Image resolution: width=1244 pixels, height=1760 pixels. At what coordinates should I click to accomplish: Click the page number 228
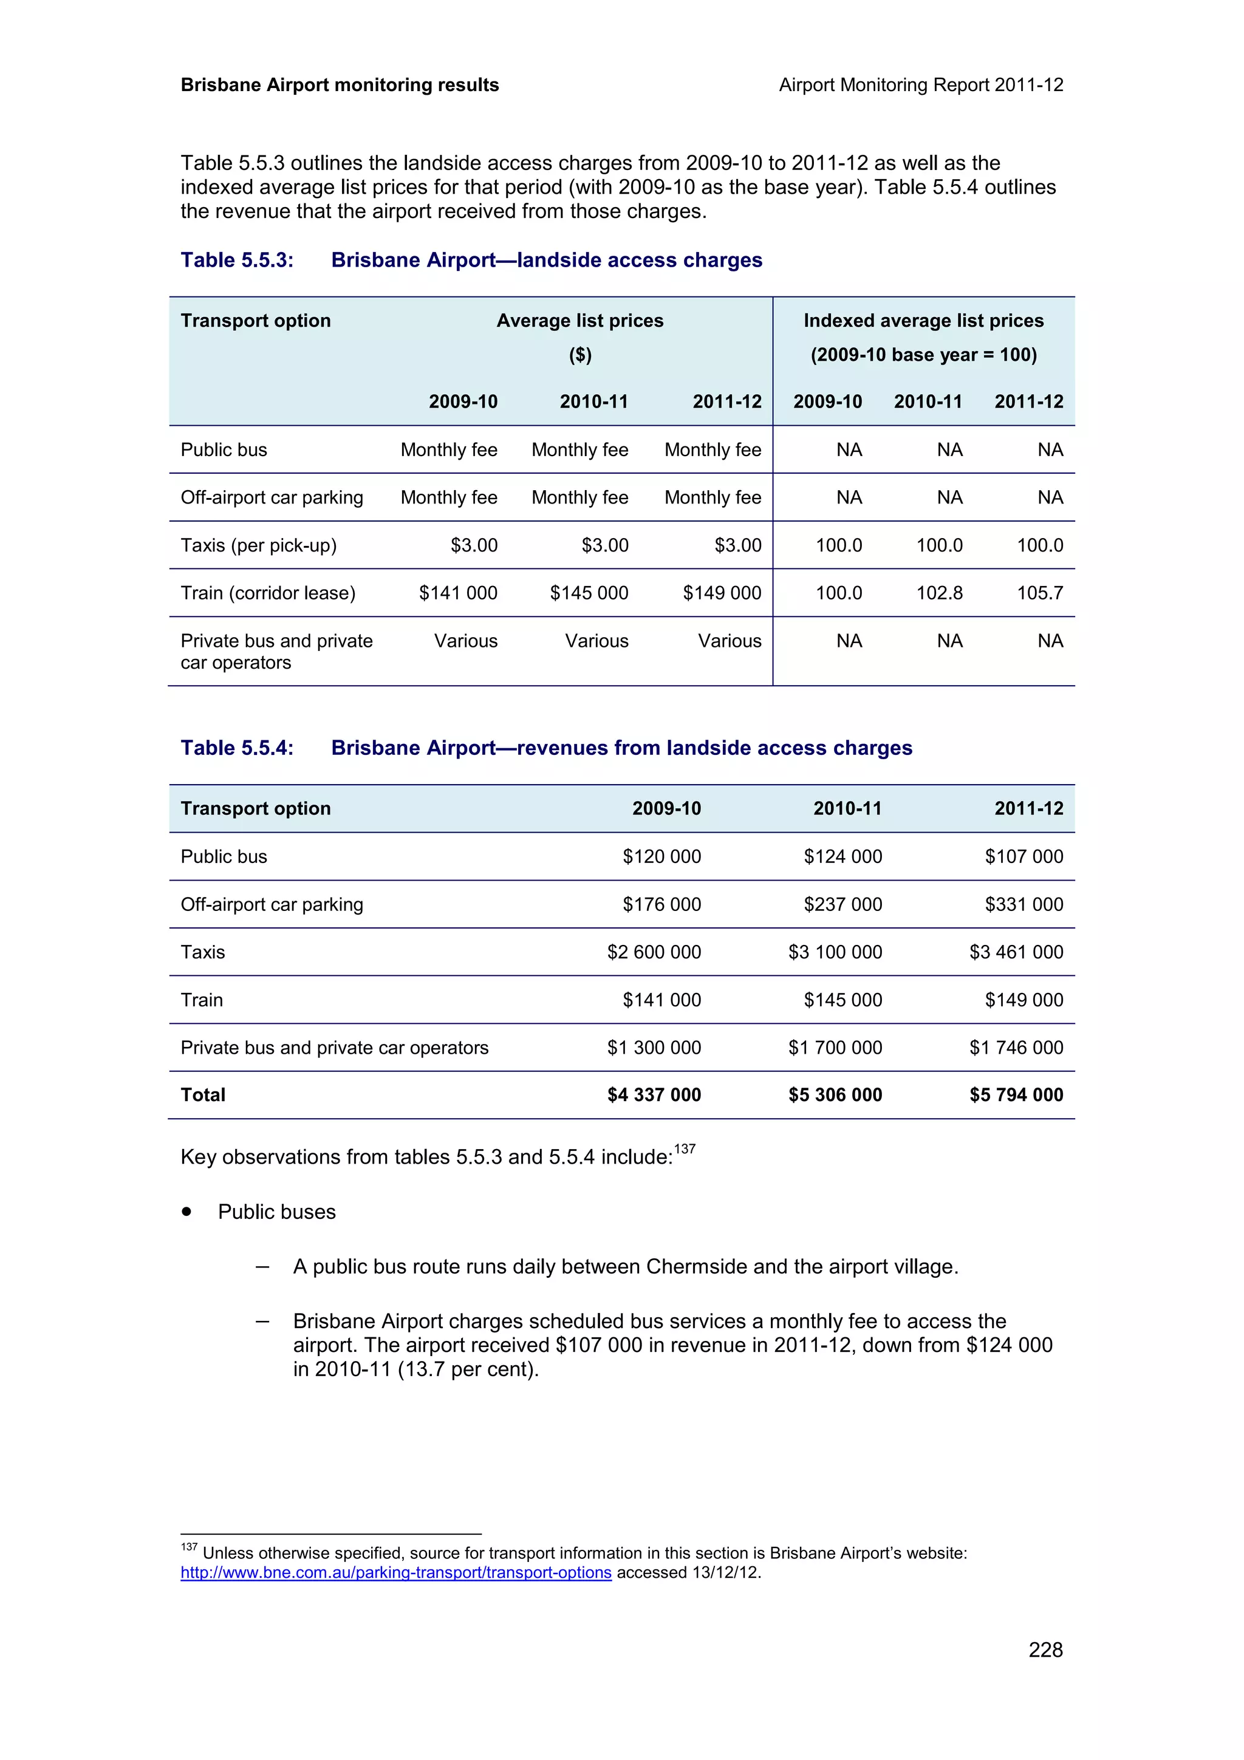pos(1045,1649)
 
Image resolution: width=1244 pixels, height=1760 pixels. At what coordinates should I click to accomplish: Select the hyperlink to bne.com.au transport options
pos(395,1572)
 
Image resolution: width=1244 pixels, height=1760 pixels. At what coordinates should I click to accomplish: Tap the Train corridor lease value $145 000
pos(589,593)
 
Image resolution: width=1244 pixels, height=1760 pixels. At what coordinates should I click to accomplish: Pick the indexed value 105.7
pos(1039,593)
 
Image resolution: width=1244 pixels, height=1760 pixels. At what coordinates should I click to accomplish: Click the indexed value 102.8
pos(939,593)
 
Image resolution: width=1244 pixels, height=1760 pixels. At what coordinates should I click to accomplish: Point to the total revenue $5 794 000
pos(1016,1094)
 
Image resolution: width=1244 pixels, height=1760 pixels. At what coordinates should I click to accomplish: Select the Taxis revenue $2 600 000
pos(654,952)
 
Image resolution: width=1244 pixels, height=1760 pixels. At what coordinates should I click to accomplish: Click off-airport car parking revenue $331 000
pos(1024,904)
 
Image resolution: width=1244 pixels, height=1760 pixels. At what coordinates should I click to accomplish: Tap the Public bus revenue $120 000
pos(661,856)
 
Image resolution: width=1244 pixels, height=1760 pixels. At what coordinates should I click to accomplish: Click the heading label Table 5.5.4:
pos(237,748)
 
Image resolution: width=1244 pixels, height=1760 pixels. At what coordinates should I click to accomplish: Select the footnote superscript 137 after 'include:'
pos(685,1148)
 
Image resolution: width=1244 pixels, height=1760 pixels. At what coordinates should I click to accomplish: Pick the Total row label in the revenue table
pos(203,1094)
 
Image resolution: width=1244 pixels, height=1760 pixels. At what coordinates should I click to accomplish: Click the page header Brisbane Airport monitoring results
pos(340,85)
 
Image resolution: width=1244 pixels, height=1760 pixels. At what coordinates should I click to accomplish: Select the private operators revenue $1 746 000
pos(1016,1047)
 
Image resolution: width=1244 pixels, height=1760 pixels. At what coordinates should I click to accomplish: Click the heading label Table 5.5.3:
pos(237,260)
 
